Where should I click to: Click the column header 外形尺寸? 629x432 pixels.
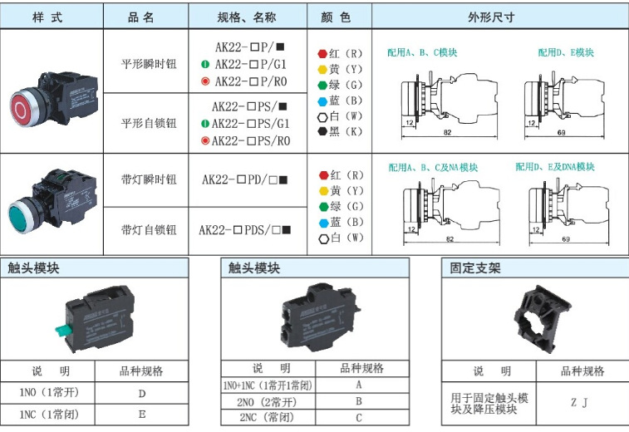tap(499, 17)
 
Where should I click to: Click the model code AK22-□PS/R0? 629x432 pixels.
tap(251, 140)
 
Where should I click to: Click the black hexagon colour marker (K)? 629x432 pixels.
tap(322, 131)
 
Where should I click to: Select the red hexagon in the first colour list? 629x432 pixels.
tap(322, 54)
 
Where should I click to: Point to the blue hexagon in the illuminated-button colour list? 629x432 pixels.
tap(322, 223)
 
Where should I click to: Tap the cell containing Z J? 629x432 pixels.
tap(578, 403)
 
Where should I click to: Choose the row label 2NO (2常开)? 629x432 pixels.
tap(267, 402)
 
